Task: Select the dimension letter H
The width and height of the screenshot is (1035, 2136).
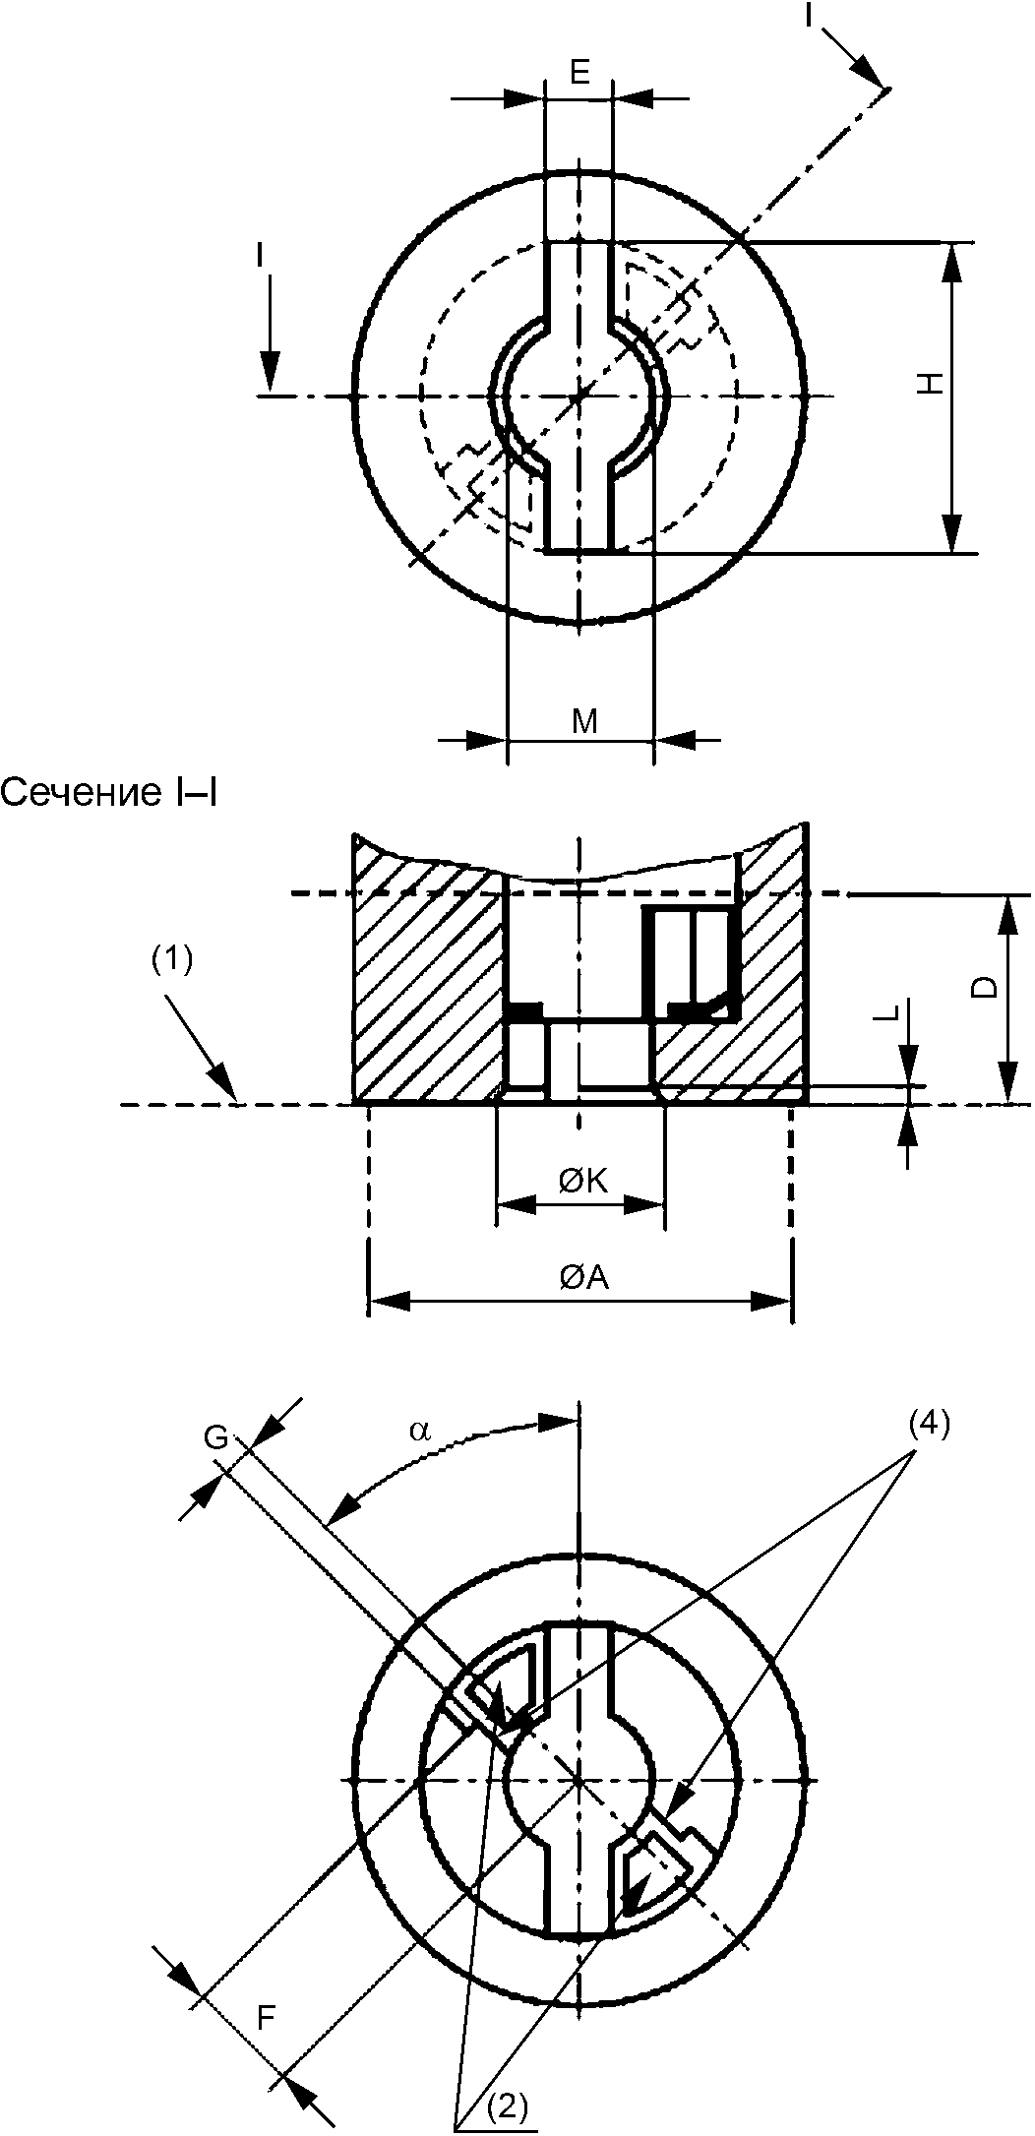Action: click(x=931, y=383)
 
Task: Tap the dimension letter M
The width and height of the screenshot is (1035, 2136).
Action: click(x=585, y=722)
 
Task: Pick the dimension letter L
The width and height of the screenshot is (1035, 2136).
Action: click(x=888, y=1014)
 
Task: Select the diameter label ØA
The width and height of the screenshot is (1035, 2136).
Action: click(x=584, y=1277)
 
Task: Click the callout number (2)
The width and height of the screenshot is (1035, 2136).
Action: click(x=506, y=2105)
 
